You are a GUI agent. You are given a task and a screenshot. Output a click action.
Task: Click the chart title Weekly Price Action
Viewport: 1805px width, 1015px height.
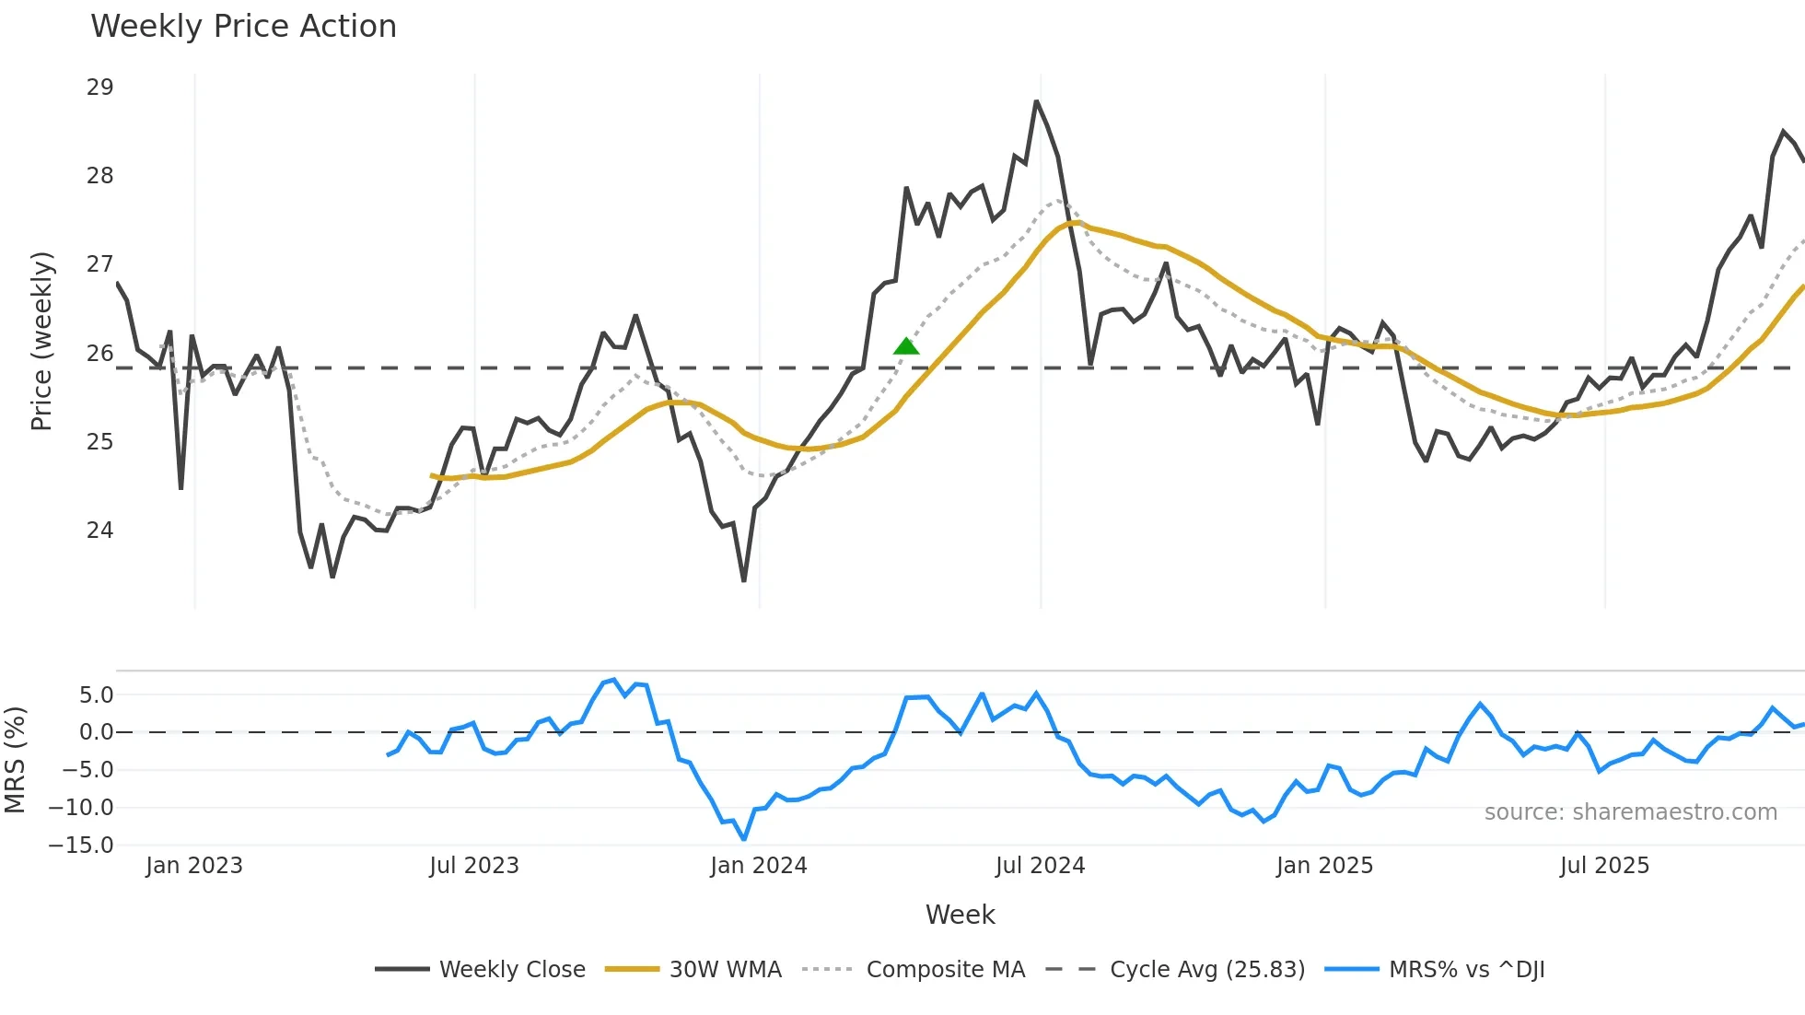[243, 27]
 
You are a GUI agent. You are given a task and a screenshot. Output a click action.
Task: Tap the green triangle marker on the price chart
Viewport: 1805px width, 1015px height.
[906, 346]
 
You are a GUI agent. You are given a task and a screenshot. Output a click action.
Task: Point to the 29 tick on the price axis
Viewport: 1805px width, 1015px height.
[99, 87]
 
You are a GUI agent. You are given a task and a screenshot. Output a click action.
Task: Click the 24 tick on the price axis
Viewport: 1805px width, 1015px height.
[99, 531]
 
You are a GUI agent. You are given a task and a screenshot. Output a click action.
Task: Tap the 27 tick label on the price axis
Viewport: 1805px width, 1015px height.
[99, 264]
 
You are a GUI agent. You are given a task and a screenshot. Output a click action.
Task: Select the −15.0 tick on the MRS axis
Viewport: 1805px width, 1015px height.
[82, 846]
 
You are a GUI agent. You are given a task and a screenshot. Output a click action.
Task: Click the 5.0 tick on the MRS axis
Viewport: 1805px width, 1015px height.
[96, 695]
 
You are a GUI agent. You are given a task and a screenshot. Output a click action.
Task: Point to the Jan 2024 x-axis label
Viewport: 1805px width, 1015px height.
[758, 866]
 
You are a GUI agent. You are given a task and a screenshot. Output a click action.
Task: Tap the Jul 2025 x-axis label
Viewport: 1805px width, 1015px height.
[1604, 866]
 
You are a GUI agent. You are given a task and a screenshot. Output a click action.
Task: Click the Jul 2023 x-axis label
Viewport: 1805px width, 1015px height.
[474, 866]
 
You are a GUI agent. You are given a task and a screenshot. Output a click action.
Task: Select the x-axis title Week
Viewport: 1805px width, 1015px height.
[960, 915]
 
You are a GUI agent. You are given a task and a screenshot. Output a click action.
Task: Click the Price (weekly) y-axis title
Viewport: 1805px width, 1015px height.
[42, 341]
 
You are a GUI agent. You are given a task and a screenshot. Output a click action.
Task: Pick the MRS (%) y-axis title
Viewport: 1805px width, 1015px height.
[15, 760]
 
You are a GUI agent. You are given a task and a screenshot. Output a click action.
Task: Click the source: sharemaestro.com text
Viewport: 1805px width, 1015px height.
[1630, 812]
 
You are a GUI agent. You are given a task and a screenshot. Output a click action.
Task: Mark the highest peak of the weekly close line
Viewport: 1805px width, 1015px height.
[1036, 101]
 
